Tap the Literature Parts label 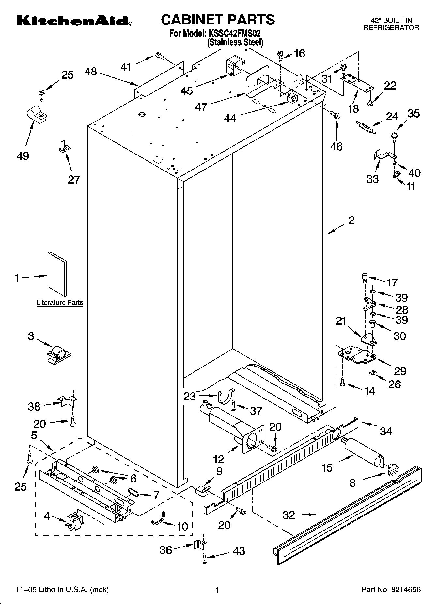[60, 302]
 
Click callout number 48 [91, 72]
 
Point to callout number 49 [23, 156]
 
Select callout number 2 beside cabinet [351, 220]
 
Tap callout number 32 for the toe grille [289, 515]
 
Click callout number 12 [218, 459]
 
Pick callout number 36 [166, 550]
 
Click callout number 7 [156, 495]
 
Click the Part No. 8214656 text [391, 589]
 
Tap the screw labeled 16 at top [280, 56]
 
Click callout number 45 [187, 90]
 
